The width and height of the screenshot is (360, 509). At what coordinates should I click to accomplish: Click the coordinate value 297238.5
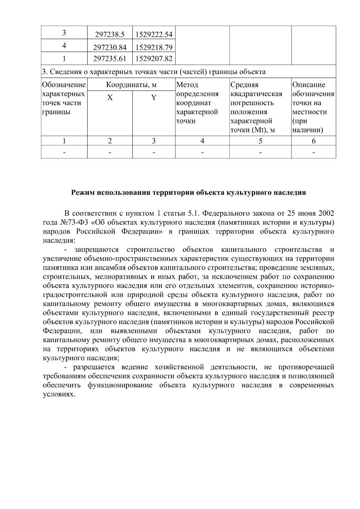109,35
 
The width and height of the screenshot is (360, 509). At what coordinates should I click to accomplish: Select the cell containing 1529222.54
154,35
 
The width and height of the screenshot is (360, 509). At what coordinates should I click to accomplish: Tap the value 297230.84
109,47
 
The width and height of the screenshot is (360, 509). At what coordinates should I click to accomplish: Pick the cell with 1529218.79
154,47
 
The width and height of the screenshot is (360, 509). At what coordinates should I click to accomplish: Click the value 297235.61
109,59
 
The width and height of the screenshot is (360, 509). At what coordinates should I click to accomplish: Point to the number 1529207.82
154,59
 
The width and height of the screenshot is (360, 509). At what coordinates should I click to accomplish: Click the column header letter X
110,98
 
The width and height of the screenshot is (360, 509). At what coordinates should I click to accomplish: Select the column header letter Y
154,98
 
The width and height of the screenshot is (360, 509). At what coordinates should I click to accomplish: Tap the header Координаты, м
131,85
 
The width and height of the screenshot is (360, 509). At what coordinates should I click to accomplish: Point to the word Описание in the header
309,85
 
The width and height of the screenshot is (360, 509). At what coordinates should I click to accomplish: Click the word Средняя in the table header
244,85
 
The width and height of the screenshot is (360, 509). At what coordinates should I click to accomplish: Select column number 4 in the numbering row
202,141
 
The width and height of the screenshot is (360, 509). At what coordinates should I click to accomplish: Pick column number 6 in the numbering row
313,141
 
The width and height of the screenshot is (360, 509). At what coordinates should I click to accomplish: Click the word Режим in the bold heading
82,193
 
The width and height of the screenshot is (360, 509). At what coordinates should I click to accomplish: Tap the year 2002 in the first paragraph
326,214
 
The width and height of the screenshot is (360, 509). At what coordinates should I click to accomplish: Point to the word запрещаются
97,250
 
